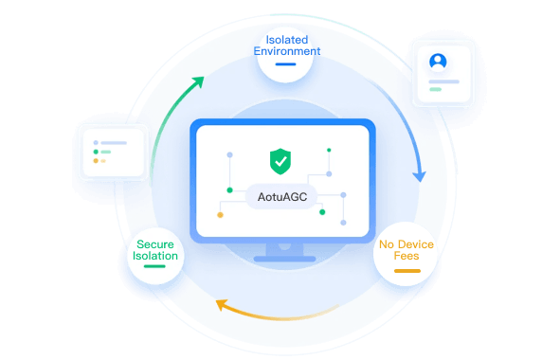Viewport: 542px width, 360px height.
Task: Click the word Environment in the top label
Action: click(287, 51)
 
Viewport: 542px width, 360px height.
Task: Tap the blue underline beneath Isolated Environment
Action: click(285, 64)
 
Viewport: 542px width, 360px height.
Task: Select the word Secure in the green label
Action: click(155, 244)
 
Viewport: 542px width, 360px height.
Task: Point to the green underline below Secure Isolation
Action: click(154, 266)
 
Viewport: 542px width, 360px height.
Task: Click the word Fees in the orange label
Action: click(406, 256)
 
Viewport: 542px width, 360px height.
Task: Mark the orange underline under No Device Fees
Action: click(407, 271)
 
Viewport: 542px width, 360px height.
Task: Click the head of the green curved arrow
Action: click(199, 81)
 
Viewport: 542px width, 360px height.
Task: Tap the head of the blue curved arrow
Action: click(420, 176)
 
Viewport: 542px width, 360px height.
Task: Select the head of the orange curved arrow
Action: click(222, 305)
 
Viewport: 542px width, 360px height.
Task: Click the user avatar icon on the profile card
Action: click(438, 62)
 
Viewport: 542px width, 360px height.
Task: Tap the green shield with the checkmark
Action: click(280, 161)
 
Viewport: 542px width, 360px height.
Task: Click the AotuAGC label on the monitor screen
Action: click(282, 197)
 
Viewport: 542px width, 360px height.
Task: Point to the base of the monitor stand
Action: click(285, 259)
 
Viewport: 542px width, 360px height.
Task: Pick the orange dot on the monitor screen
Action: click(220, 215)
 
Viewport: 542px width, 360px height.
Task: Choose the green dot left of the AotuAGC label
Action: click(229, 190)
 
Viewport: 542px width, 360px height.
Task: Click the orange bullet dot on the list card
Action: click(96, 161)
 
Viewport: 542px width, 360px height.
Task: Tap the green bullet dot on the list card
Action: click(96, 152)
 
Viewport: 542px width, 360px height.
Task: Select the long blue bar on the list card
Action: click(114, 143)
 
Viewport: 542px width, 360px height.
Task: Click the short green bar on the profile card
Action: click(436, 89)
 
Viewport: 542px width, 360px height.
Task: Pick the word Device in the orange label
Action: click(415, 244)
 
